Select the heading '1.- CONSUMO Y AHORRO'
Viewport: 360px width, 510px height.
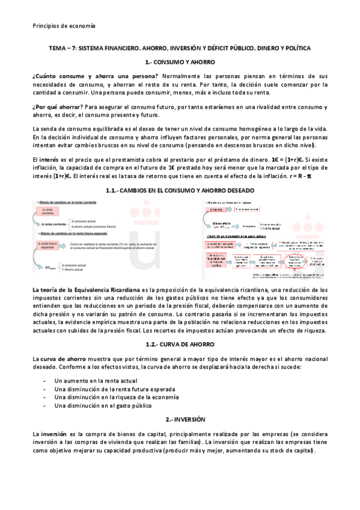[x=180, y=62]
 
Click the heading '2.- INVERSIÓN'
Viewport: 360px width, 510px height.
[x=180, y=419]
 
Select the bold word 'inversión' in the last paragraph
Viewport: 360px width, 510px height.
[x=54, y=434]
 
